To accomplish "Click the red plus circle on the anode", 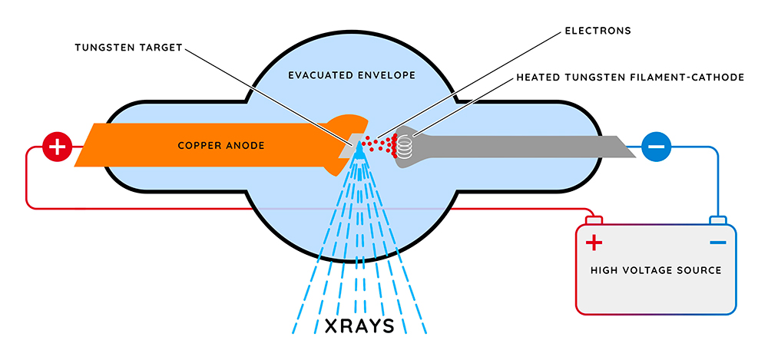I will point(57,146).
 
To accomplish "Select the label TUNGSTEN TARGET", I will point(128,47).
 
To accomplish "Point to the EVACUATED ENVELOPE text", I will point(352,75).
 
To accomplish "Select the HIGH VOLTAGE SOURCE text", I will point(656,270).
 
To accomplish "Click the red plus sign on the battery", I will point(594,243).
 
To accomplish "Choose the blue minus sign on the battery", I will point(717,243).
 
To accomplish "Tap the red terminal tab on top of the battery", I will point(594,221).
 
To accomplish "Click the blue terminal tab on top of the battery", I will point(717,221).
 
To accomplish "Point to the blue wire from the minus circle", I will point(717,177).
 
